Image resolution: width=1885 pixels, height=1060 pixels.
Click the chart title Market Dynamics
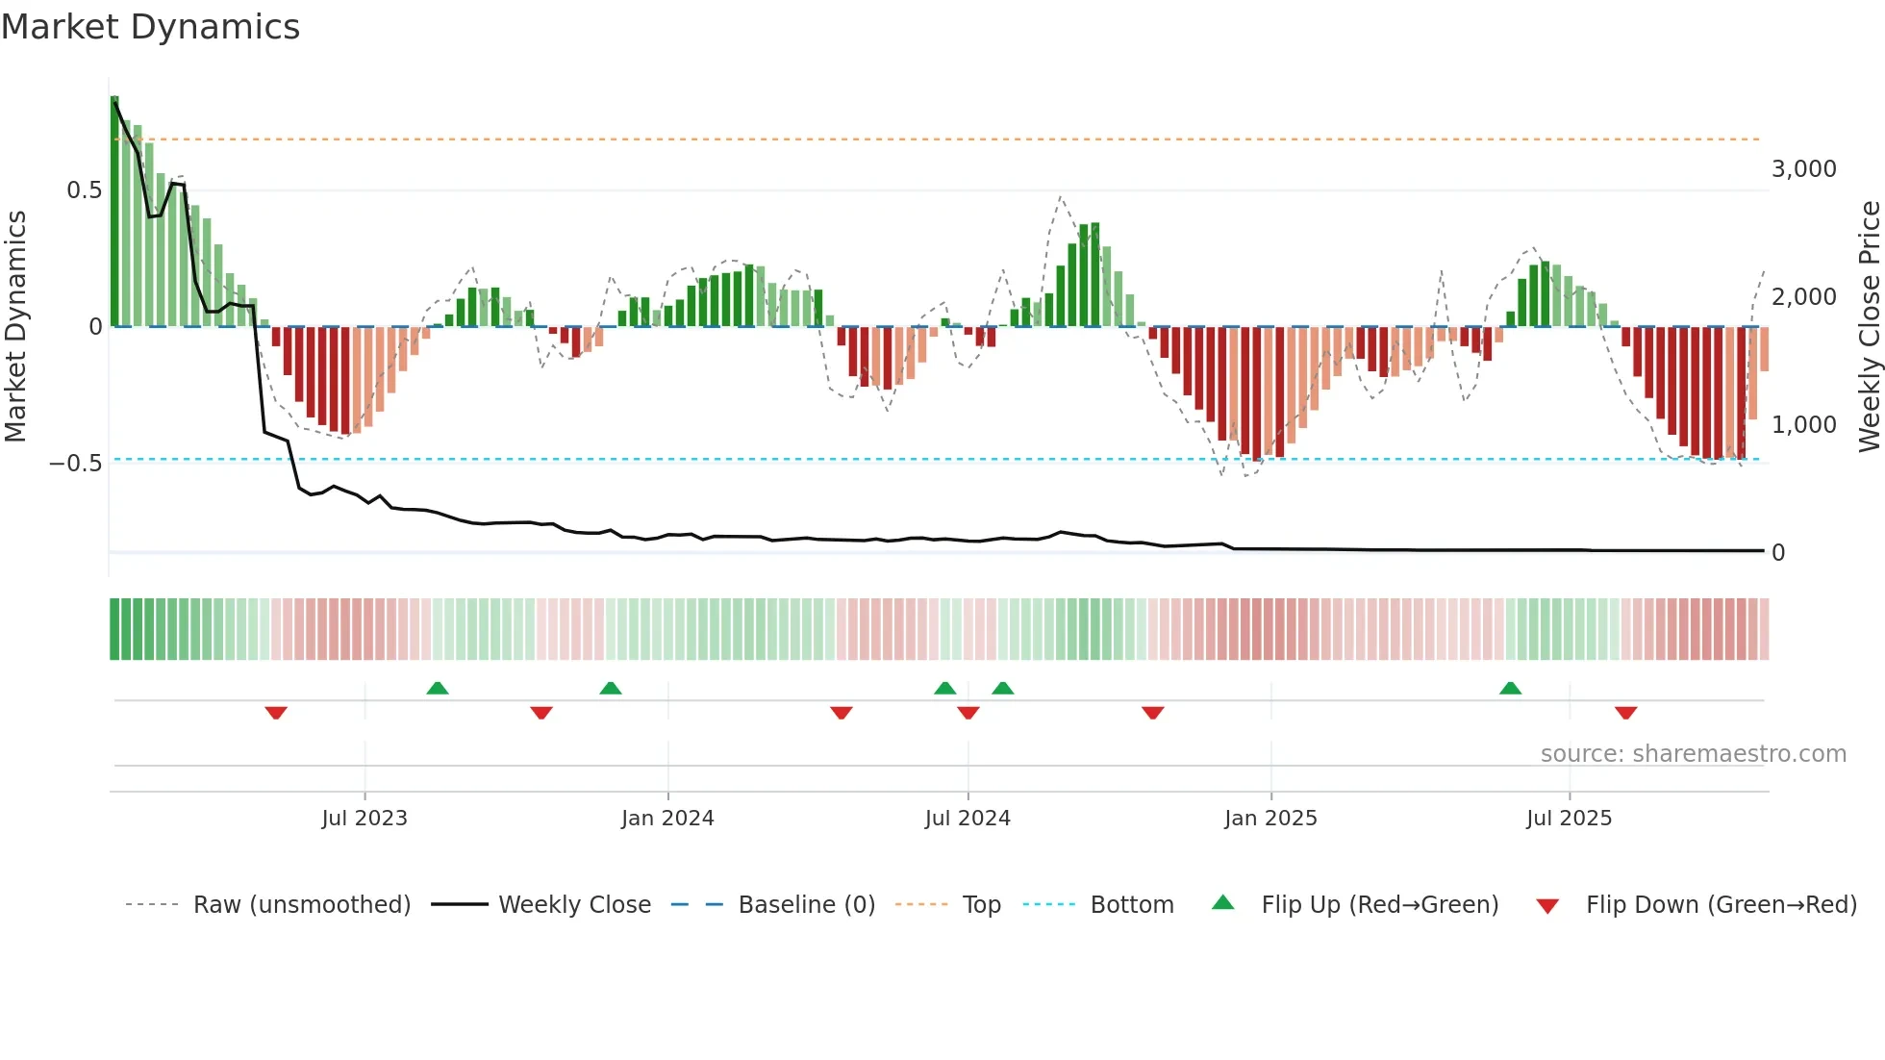[x=150, y=27]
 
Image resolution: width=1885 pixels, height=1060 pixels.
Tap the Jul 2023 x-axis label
[x=364, y=819]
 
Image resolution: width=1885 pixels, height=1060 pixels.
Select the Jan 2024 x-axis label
[x=667, y=819]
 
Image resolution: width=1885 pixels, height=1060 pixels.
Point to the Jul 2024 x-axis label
[x=968, y=819]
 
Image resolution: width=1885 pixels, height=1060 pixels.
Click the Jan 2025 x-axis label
[x=1270, y=819]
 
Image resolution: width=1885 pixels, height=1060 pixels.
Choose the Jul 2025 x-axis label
[x=1569, y=819]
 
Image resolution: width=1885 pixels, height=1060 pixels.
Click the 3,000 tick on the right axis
[x=1803, y=169]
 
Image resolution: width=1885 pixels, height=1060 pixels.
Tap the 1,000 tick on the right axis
[x=1803, y=425]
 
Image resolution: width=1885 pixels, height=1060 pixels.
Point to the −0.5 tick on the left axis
[x=75, y=464]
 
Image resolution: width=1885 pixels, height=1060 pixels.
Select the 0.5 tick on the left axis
[x=84, y=190]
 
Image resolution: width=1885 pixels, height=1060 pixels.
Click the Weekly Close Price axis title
[x=1869, y=327]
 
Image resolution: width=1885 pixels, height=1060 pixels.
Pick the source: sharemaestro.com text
[x=1693, y=754]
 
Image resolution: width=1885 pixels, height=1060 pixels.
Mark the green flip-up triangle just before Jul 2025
[x=1510, y=689]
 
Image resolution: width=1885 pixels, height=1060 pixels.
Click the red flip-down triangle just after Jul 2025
[x=1625, y=713]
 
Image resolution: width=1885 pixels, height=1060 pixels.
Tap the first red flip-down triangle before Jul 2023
[x=276, y=713]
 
